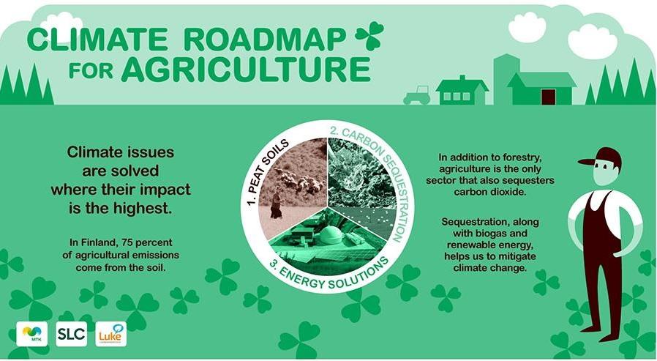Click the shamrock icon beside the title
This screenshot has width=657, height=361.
pyautogui.click(x=369, y=36)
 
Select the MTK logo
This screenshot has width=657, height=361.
pyautogui.click(x=32, y=333)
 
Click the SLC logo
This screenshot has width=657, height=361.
pyautogui.click(x=71, y=334)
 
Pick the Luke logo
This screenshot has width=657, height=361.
pyautogui.click(x=111, y=334)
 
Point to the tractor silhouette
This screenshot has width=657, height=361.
pyautogui.click(x=416, y=96)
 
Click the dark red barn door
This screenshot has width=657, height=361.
pyautogui.click(x=549, y=97)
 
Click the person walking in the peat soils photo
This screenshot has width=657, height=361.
pyautogui.click(x=276, y=203)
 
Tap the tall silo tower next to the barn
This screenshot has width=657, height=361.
pyautogui.click(x=506, y=79)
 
